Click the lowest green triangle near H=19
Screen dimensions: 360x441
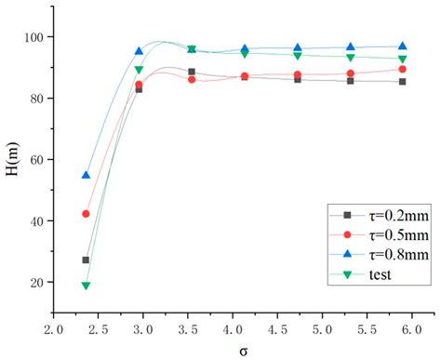86,286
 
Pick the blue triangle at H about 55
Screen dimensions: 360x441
86,175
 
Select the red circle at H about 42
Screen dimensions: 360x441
86,214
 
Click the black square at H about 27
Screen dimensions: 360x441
86,260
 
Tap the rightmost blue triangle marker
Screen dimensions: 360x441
403,46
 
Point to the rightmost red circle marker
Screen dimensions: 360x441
403,69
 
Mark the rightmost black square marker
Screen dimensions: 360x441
403,82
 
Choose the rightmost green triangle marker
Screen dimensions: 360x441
403,59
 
